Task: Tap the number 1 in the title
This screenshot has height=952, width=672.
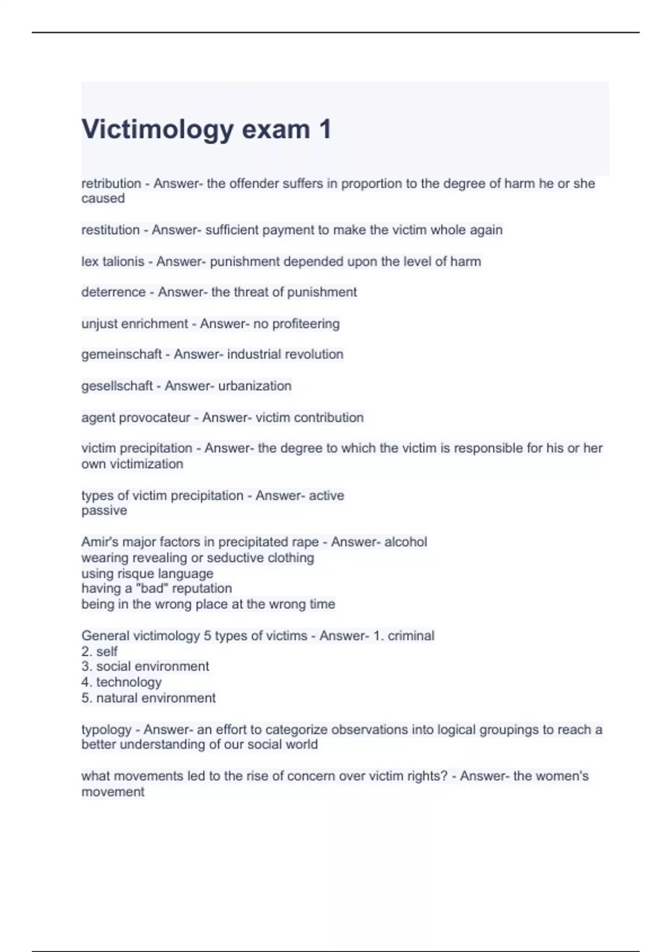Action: click(325, 129)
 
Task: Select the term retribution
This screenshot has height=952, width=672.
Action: click(111, 184)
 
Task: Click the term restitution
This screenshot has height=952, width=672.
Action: click(110, 230)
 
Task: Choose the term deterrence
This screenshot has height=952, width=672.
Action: click(113, 292)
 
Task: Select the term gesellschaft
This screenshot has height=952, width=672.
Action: click(117, 386)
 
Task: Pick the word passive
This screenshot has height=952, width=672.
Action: click(104, 511)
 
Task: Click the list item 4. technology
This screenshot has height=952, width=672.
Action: click(122, 682)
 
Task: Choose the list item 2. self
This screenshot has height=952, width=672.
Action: click(100, 651)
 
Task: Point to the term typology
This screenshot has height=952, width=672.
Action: click(106, 730)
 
